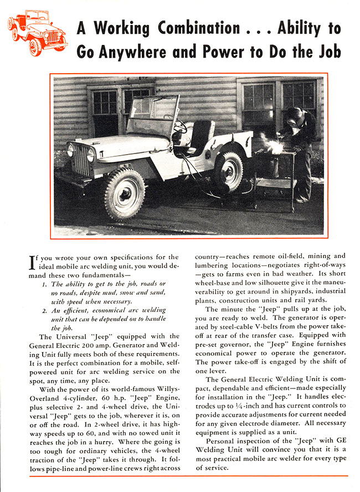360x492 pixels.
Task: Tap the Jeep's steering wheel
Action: pos(181,127)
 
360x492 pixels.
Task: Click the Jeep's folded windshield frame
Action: pos(145,114)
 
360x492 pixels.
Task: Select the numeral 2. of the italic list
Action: pos(45,311)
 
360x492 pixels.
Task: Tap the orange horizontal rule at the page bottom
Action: pos(189,475)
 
